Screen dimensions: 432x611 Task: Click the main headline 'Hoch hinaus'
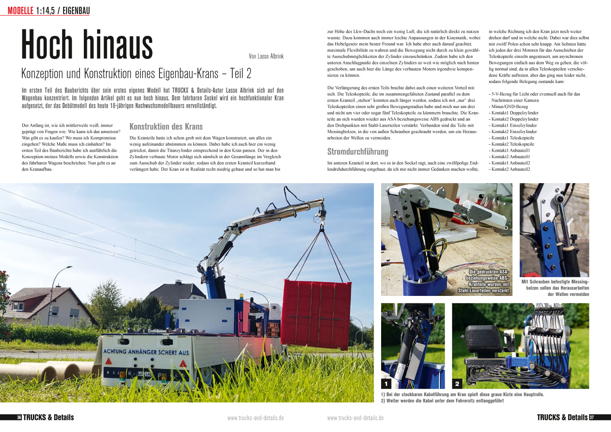click(x=87, y=44)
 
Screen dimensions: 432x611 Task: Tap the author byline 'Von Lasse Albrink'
click(x=266, y=56)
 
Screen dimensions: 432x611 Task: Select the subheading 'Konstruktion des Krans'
click(x=166, y=127)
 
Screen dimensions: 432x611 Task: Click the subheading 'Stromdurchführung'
click(x=358, y=152)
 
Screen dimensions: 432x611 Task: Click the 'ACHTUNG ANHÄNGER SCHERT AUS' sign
click(x=146, y=352)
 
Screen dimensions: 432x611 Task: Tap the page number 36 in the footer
click(x=19, y=417)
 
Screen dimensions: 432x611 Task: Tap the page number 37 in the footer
click(x=592, y=417)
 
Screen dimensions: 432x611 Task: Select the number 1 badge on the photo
click(x=386, y=383)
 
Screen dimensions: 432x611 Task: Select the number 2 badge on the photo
click(x=457, y=383)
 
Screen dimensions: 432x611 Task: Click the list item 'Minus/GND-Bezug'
click(x=509, y=106)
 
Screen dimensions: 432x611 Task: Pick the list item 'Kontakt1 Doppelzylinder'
click(x=515, y=113)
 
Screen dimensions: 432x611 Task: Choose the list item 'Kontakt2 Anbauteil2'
click(x=510, y=169)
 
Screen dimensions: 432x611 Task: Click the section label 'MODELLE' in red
click(x=20, y=11)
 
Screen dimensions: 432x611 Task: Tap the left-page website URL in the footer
click(x=255, y=418)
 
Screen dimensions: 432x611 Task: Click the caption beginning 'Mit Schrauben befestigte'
click(x=555, y=288)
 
